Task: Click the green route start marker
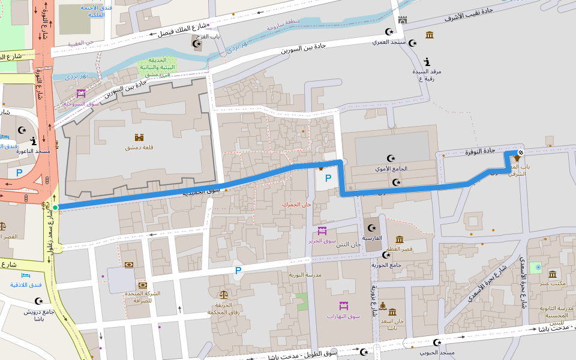pyautogui.click(x=55, y=208)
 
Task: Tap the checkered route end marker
pyautogui.click(x=520, y=151)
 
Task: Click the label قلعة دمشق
pyautogui.click(x=139, y=147)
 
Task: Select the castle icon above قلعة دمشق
pyautogui.click(x=139, y=137)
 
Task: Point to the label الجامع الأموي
pyautogui.click(x=391, y=169)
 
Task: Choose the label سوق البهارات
pyautogui.click(x=343, y=316)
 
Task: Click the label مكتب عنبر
pyautogui.click(x=553, y=283)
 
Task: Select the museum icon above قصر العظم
pyautogui.click(x=400, y=239)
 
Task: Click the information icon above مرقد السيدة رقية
pyautogui.click(x=427, y=61)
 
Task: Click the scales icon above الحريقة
pyautogui.click(x=224, y=295)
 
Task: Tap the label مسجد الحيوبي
pyautogui.click(x=437, y=352)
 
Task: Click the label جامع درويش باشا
pyautogui.click(x=40, y=315)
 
